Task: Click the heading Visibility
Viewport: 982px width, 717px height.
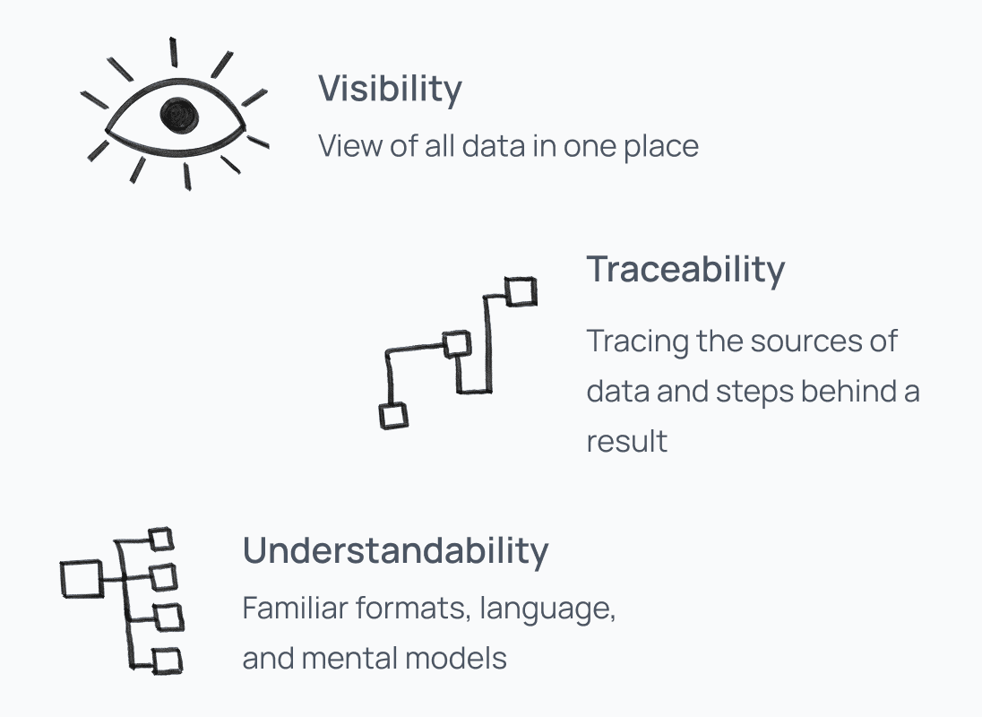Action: [x=390, y=89]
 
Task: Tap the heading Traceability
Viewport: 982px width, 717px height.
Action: [x=685, y=269]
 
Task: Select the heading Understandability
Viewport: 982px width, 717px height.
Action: [x=395, y=550]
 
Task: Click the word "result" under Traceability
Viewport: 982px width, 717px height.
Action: [x=627, y=441]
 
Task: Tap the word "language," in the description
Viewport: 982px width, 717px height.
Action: [x=547, y=609]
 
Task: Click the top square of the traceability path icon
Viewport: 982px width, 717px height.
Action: [x=521, y=291]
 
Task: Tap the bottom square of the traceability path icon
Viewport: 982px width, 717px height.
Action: [x=393, y=416]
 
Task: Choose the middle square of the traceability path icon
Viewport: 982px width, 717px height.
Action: [x=457, y=343]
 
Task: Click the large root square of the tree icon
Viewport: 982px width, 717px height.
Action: [x=82, y=578]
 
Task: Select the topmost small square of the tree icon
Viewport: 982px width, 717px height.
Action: [x=161, y=539]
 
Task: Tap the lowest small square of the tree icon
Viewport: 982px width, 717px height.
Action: [x=168, y=661]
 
